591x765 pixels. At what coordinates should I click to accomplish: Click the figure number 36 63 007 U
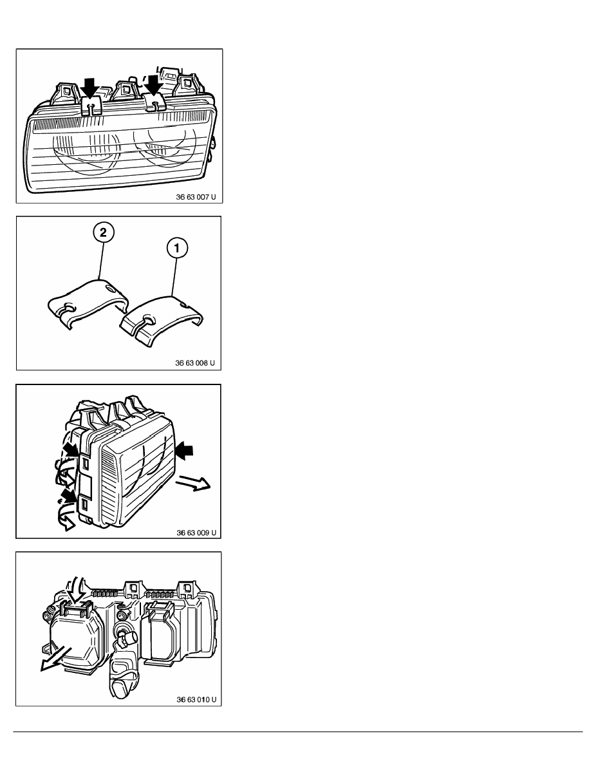click(x=196, y=198)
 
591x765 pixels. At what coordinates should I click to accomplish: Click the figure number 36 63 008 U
click(x=195, y=363)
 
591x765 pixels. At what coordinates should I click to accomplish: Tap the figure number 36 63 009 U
click(x=196, y=533)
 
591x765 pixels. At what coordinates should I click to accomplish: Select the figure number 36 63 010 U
click(x=196, y=699)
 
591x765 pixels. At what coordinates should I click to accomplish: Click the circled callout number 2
click(x=103, y=232)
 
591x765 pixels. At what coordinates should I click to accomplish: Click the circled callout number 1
click(x=177, y=249)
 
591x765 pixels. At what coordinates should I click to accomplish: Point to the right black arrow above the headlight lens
click(x=155, y=83)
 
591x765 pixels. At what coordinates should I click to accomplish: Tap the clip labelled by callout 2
click(x=88, y=303)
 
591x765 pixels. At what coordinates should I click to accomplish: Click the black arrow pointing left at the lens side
click(x=184, y=450)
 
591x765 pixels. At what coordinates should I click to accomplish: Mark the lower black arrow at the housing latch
click(x=70, y=496)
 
